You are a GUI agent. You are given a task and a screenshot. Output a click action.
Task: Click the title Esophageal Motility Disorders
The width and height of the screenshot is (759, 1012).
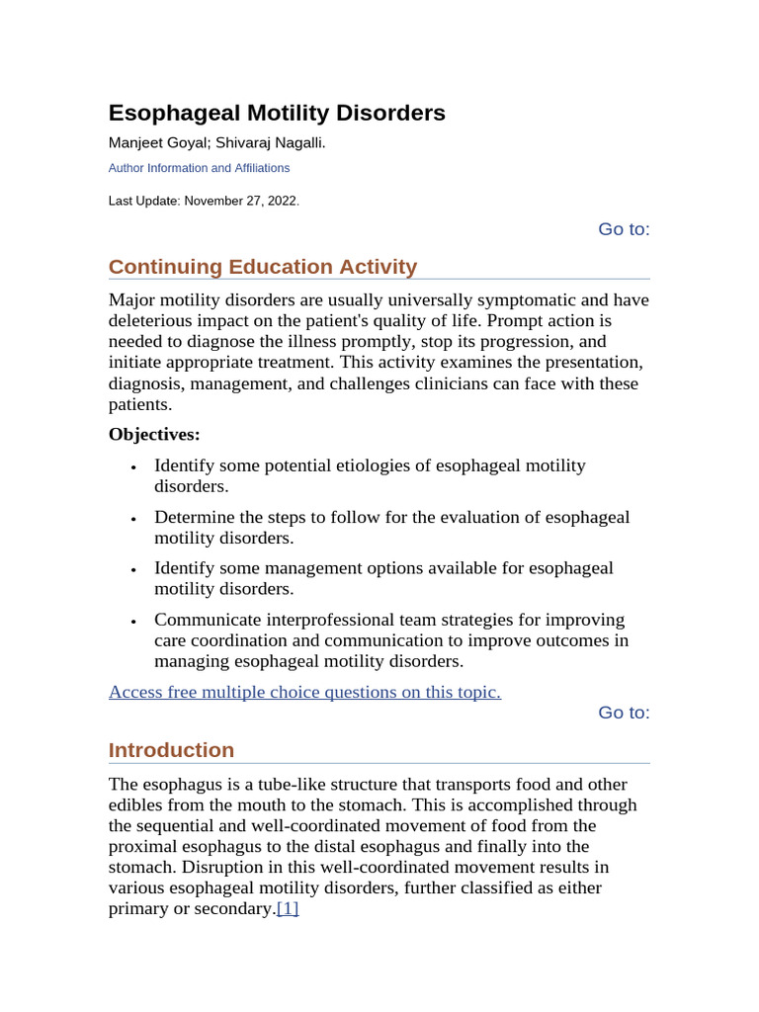point(277,113)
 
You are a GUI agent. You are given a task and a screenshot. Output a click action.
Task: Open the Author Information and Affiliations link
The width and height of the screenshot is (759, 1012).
point(199,168)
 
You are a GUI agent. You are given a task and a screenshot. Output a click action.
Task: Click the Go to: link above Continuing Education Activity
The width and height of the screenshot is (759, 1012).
point(624,229)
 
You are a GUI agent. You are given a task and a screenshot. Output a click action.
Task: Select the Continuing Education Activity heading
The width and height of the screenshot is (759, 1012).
point(263,267)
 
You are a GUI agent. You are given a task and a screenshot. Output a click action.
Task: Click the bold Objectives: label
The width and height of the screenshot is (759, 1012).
point(154,434)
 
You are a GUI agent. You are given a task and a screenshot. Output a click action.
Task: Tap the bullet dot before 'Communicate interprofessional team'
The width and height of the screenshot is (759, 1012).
point(132,622)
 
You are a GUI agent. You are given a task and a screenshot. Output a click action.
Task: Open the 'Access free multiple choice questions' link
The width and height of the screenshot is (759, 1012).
point(304,692)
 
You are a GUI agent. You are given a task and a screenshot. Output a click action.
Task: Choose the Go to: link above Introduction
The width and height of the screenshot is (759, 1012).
point(624,713)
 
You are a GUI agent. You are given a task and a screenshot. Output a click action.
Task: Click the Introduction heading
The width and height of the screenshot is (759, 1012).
point(171,750)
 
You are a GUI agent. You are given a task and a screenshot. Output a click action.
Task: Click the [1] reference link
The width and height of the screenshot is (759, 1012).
point(288,909)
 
